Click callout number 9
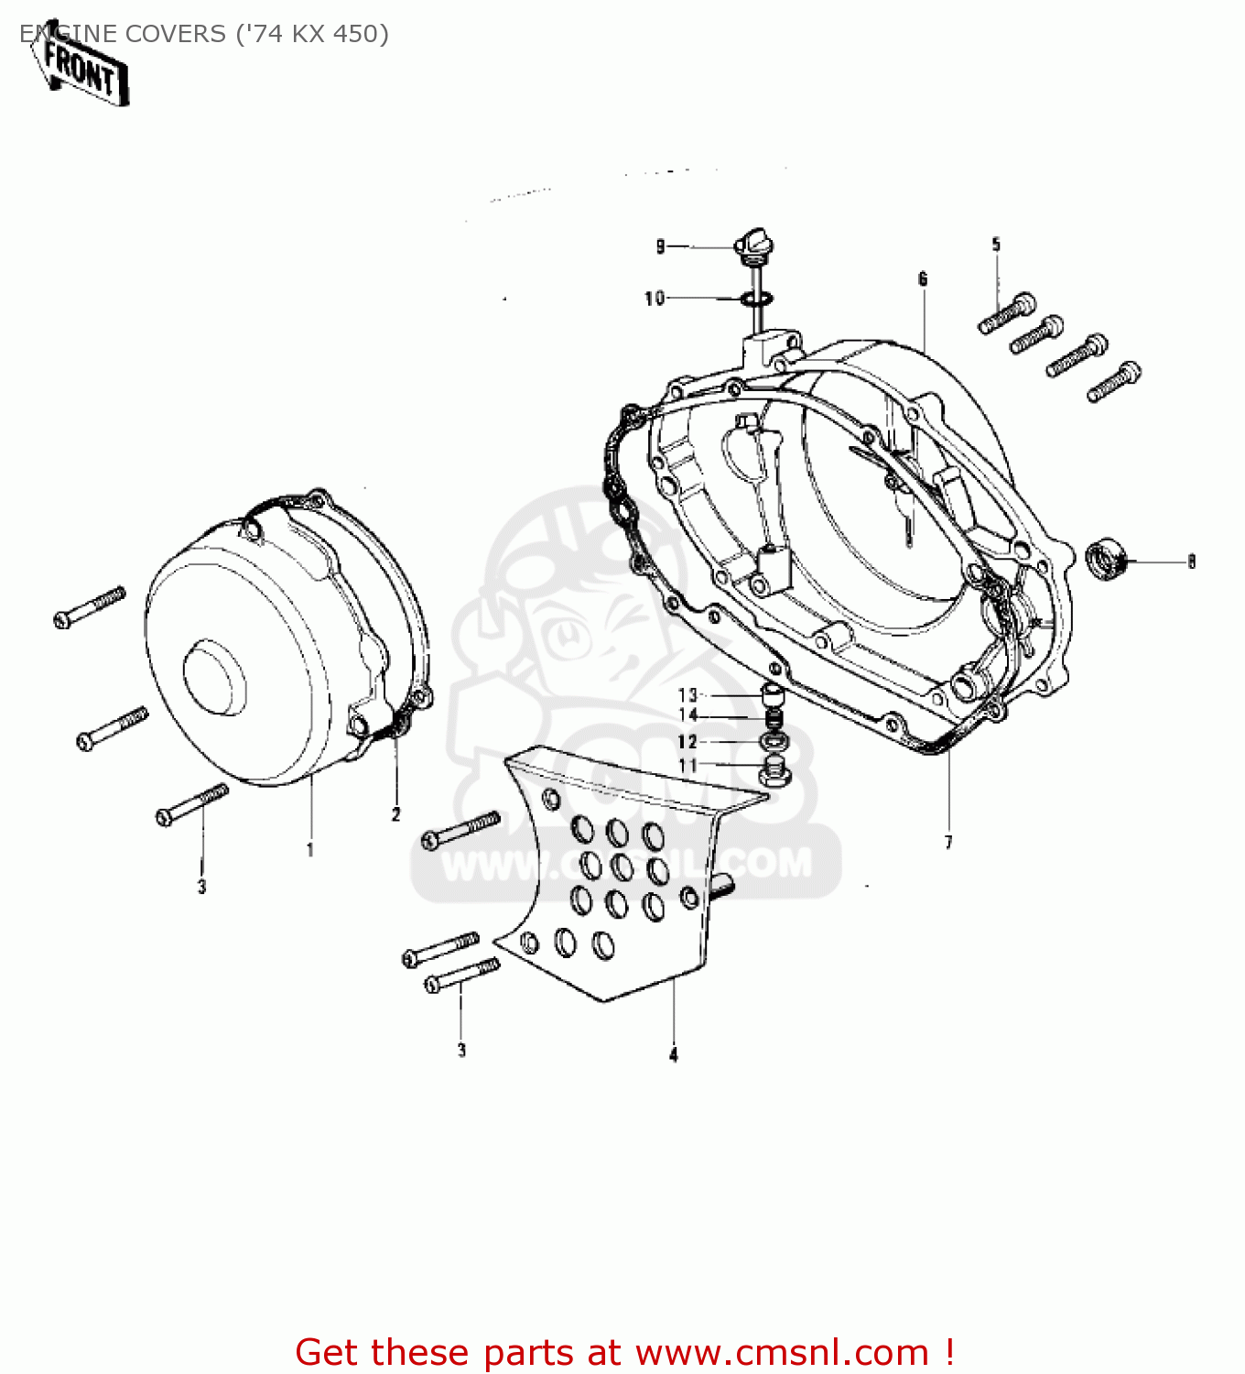pyautogui.click(x=661, y=246)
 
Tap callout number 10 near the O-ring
pyautogui.click(x=655, y=299)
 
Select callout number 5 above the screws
pyautogui.click(x=996, y=245)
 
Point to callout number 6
pyautogui.click(x=923, y=278)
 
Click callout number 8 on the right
pyautogui.click(x=1191, y=562)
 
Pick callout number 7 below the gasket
pyautogui.click(x=948, y=843)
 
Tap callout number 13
pyautogui.click(x=687, y=695)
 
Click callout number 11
pyautogui.click(x=687, y=766)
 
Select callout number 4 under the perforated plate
pyautogui.click(x=674, y=1055)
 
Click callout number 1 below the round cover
pyautogui.click(x=310, y=850)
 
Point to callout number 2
pyautogui.click(x=396, y=814)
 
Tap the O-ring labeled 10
pyautogui.click(x=757, y=299)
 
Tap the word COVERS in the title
pyautogui.click(x=171, y=34)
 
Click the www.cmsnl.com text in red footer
pyautogui.click(x=782, y=1352)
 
